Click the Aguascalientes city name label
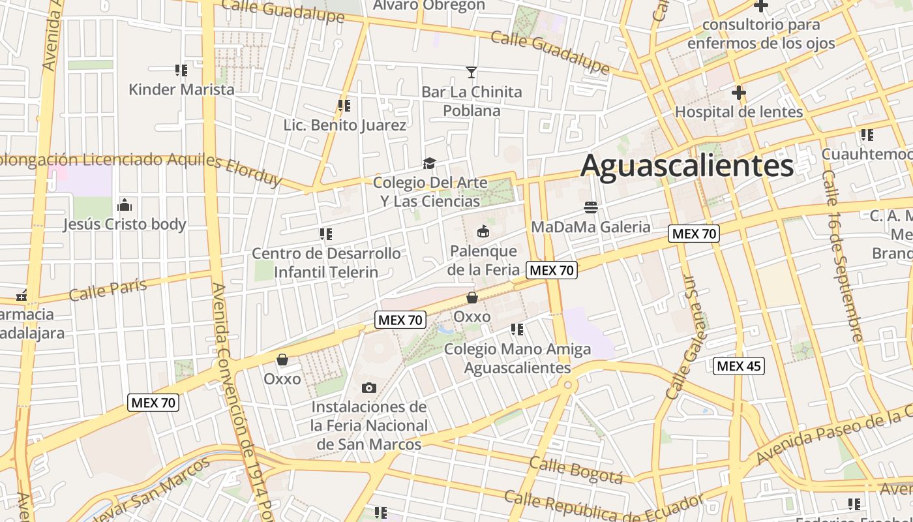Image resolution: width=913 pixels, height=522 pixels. [687, 166]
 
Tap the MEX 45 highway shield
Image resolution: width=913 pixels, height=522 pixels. [739, 366]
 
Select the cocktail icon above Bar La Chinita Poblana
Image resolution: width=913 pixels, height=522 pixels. [471, 72]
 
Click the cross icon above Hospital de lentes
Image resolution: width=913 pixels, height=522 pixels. [738, 93]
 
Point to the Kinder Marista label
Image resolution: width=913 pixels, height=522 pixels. [181, 89]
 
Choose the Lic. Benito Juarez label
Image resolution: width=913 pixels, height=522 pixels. [344, 125]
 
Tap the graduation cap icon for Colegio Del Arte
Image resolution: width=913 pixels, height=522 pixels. [429, 163]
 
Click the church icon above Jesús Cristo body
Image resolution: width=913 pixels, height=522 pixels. [125, 206]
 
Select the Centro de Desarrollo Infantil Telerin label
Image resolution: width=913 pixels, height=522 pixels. [326, 262]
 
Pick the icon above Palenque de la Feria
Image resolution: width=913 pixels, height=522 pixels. [483, 232]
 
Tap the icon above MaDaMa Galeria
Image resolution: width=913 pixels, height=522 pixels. [591, 208]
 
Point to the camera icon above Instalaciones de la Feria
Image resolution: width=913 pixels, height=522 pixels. [368, 388]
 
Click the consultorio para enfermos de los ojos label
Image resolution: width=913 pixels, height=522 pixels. [761, 34]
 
